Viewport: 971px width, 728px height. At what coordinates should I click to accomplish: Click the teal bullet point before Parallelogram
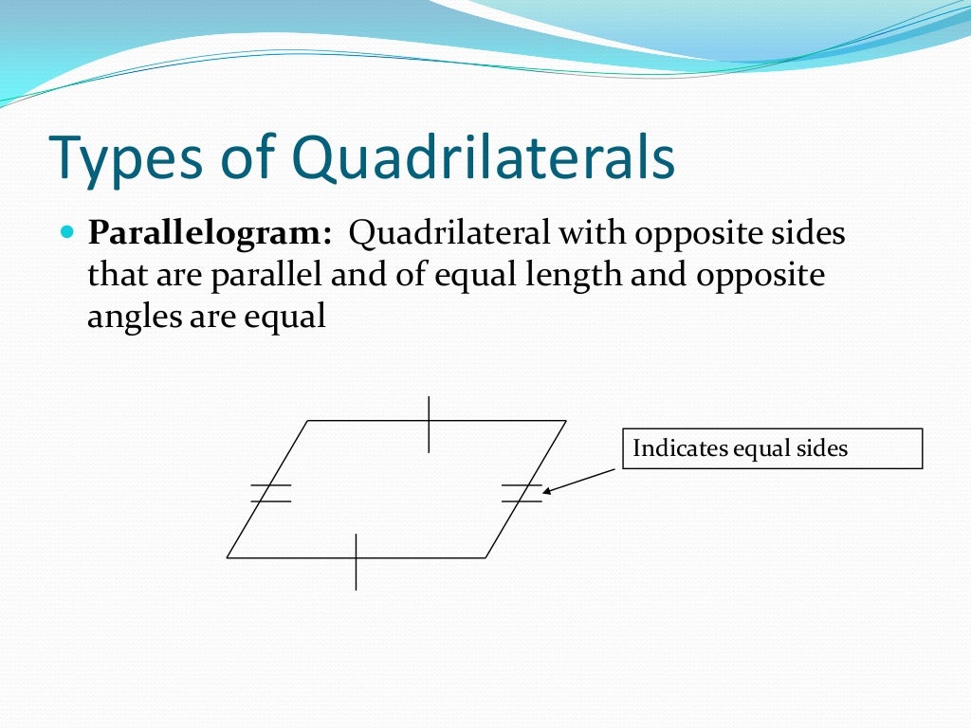click(x=66, y=232)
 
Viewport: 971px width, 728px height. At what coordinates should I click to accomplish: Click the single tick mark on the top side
click(x=429, y=424)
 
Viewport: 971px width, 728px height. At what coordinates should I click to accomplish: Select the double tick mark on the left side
click(x=270, y=493)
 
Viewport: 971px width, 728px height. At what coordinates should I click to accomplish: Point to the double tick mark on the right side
click(x=522, y=493)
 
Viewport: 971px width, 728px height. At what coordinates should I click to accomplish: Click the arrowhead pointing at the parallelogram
click(x=548, y=490)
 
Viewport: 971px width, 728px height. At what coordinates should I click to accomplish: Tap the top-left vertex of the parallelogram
click(x=308, y=421)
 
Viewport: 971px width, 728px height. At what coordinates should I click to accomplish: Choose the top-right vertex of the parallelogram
click(x=566, y=421)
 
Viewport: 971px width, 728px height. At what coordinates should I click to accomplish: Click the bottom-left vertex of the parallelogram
click(x=228, y=557)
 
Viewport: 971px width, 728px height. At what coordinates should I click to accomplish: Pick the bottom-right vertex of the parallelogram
click(x=485, y=557)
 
